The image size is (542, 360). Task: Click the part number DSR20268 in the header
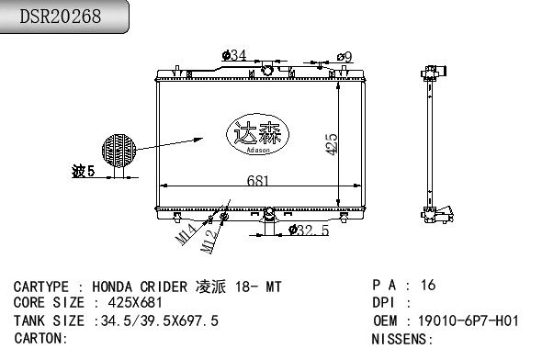pyautogui.click(x=60, y=17)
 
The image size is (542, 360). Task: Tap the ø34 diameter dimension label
pyautogui.click(x=234, y=55)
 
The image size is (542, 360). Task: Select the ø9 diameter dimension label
pyautogui.click(x=344, y=57)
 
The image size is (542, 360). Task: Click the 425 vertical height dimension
pyautogui.click(x=331, y=144)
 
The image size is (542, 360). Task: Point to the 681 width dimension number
pyautogui.click(x=257, y=181)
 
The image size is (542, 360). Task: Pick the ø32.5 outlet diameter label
pyautogui.click(x=309, y=231)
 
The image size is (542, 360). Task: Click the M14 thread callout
pyautogui.click(x=186, y=234)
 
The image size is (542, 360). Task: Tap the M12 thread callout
pyautogui.click(x=209, y=242)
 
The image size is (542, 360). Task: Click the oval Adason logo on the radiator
pyautogui.click(x=257, y=134)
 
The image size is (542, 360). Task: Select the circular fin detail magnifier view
pyautogui.click(x=119, y=151)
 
